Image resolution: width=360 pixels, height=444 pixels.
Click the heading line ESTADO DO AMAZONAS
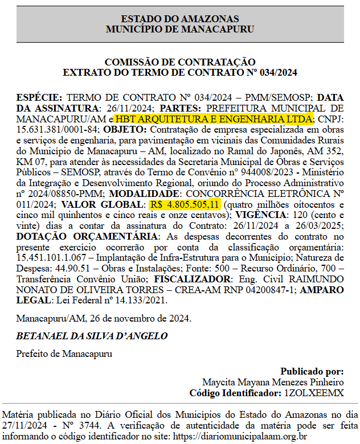(180, 19)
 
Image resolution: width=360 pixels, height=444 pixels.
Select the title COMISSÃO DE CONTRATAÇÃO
(180, 62)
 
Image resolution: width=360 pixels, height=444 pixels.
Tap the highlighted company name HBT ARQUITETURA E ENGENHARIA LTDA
(214, 119)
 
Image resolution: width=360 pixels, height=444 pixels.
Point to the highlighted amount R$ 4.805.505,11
(185, 204)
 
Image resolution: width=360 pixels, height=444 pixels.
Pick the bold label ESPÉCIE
(40, 97)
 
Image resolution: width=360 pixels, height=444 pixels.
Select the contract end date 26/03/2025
(318, 226)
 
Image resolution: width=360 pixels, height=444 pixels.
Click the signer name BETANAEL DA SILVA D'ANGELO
(92, 336)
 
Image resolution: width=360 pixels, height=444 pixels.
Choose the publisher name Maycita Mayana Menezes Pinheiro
(273, 382)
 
